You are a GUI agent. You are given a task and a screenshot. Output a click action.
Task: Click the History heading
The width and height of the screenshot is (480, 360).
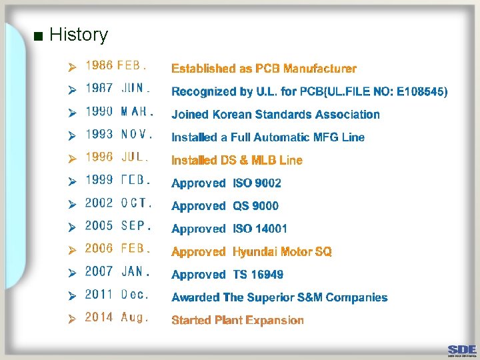78,35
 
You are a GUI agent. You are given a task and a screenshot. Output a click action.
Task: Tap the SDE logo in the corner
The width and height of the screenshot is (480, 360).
462,349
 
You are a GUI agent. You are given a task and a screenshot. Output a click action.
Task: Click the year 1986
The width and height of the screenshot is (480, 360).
99,65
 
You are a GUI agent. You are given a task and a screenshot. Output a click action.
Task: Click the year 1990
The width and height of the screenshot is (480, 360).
99,111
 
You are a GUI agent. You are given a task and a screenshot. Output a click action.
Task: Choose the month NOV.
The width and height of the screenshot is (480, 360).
137,134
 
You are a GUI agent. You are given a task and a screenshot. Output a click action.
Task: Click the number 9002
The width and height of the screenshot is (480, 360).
266,183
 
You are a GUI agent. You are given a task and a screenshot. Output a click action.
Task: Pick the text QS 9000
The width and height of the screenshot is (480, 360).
255,206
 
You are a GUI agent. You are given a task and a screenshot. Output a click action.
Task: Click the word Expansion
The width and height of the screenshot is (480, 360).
275,321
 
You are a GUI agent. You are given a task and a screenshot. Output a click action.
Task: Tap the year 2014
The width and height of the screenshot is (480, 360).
99,317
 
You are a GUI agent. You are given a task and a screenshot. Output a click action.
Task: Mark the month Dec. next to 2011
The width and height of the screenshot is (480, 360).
135,294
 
